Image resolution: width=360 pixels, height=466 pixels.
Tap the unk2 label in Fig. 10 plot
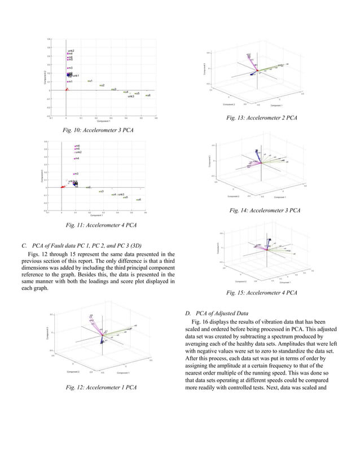click(x=71, y=51)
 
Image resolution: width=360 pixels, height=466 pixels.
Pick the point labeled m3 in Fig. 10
click(x=68, y=68)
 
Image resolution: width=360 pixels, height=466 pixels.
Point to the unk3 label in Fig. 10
click(x=130, y=97)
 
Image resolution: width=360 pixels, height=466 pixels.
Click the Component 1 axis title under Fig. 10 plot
click(x=103, y=121)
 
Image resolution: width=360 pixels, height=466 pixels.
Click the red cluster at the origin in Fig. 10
click(x=67, y=89)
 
